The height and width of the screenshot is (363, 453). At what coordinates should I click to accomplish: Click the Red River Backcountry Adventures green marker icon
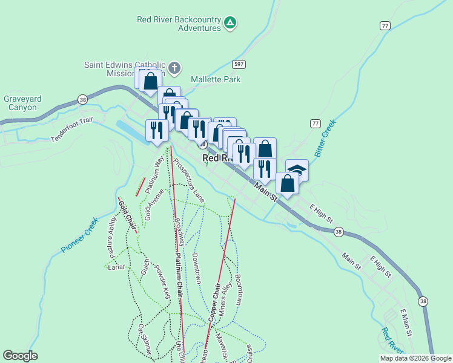pos(230,24)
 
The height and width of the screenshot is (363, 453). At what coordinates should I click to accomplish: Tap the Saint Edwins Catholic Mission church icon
pos(174,67)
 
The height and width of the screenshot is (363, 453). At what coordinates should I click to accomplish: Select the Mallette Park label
pos(216,79)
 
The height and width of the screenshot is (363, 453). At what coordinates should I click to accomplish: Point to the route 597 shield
pos(238,64)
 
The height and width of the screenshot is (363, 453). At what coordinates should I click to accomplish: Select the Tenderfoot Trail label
pos(71,129)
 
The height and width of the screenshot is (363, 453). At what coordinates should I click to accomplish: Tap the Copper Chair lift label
pos(213,302)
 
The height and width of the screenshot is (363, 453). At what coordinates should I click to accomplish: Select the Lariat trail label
pos(116,266)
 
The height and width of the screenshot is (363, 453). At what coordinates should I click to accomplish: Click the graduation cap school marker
pos(297,169)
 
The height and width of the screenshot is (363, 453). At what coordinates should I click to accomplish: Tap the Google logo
pos(20,356)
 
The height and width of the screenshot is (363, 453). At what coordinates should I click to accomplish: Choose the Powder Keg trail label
pos(163,281)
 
